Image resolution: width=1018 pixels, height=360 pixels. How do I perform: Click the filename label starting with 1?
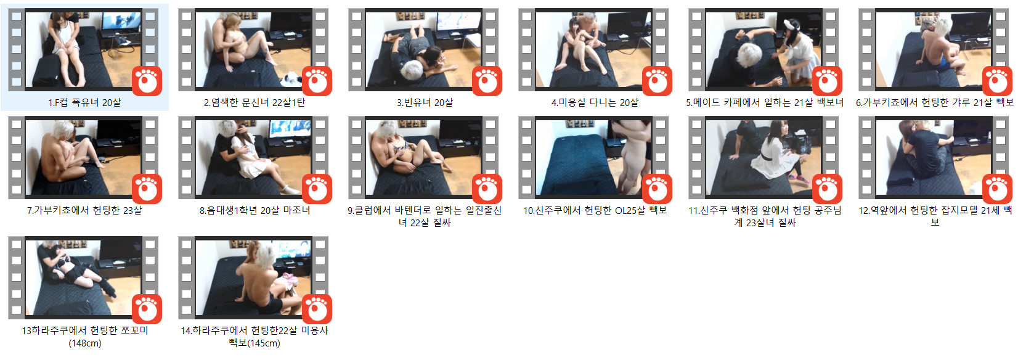84,102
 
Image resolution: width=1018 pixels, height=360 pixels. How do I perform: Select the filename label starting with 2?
254,102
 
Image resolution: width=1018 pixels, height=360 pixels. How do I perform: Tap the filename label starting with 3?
425,102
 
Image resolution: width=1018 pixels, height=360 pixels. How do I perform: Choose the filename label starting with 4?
595,102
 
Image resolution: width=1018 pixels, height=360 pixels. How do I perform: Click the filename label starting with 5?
765,102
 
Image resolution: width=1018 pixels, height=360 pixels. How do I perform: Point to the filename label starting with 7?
84,210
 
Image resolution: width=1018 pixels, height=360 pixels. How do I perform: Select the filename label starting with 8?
254,210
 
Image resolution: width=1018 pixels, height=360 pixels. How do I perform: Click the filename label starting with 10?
595,210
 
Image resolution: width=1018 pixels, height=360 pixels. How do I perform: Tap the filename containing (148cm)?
84,337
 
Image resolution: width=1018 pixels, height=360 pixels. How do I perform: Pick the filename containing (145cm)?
254,337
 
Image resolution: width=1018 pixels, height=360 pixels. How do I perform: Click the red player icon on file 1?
147,81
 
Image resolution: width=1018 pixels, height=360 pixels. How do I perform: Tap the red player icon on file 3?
487,81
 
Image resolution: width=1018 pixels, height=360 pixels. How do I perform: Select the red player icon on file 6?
997,81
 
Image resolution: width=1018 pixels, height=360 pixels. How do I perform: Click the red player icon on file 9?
487,189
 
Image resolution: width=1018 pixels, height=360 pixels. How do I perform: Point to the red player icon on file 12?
997,189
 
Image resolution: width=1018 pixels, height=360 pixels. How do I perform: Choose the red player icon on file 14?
317,309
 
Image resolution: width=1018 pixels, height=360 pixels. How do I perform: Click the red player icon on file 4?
657,81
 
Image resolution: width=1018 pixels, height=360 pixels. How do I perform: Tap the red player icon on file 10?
657,189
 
